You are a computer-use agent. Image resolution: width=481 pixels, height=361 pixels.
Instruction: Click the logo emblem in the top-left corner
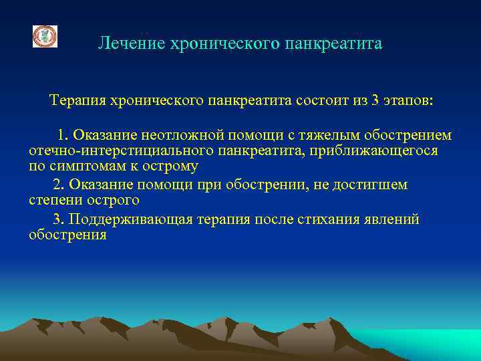click(x=45, y=36)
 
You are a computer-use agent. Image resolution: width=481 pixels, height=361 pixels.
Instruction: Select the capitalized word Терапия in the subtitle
click(x=74, y=101)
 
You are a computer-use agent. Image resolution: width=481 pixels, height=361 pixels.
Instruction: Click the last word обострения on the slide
click(x=67, y=235)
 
